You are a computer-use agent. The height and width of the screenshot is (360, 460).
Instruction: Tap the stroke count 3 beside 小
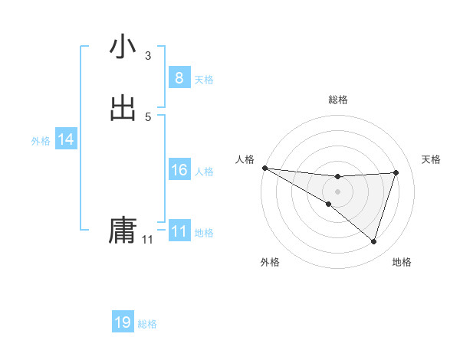[x=148, y=55]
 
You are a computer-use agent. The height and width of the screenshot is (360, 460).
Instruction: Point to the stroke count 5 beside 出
[x=148, y=116]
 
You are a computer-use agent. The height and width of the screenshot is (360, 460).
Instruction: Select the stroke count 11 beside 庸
[x=147, y=240]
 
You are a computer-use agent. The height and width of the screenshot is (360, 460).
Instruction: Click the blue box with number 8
[x=179, y=78]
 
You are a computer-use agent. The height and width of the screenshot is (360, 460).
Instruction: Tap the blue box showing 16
[x=179, y=170]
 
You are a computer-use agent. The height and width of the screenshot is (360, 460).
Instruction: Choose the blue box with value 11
[x=179, y=231]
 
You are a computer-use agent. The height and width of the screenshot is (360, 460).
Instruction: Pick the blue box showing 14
[x=66, y=139]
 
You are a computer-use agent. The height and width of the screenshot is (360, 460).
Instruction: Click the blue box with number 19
[x=123, y=322]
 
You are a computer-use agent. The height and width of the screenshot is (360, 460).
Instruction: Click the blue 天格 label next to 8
[x=204, y=80]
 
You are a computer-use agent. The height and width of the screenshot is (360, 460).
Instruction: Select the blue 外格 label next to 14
[x=41, y=141]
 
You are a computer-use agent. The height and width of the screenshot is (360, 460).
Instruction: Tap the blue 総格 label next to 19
[x=147, y=324]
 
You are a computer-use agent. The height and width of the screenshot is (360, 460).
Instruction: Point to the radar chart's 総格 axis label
[x=337, y=100]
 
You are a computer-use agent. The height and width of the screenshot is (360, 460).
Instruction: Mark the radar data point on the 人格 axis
[x=264, y=168]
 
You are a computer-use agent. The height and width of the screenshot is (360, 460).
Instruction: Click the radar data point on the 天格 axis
[x=396, y=172]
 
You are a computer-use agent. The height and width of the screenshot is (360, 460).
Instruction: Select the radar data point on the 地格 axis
[x=373, y=241]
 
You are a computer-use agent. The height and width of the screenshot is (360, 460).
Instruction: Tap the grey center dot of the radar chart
[x=337, y=191]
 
